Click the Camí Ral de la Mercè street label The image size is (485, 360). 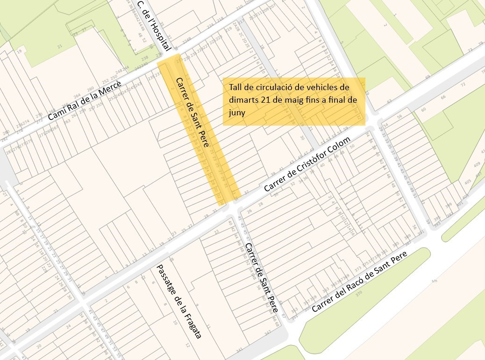point(85,100)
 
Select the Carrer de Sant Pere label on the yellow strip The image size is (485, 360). point(192,113)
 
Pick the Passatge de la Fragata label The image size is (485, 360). point(180,302)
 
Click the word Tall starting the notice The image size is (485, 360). point(235,87)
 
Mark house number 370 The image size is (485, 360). point(358,295)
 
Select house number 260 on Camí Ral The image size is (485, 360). point(90,87)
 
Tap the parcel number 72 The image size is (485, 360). point(463,85)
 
